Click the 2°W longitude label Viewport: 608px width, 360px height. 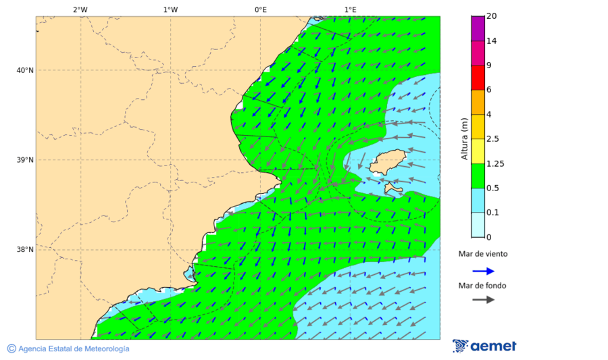tap(80, 9)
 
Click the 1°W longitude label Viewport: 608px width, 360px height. tap(170, 9)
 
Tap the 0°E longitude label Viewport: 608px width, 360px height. tap(260, 9)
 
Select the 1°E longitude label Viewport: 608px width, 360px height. tap(350, 9)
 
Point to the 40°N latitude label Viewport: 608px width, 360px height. tap(25, 70)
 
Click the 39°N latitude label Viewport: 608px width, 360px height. tap(25, 160)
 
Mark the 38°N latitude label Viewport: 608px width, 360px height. tap(25, 250)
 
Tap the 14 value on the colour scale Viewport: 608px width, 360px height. tap(491, 41)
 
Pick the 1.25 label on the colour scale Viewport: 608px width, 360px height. tap(495, 163)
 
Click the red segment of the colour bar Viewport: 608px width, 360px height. tap(478, 78)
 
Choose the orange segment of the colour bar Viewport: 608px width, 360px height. tap(478, 102)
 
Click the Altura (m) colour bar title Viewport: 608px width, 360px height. tap(464, 138)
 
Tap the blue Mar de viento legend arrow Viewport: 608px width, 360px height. tap(483, 271)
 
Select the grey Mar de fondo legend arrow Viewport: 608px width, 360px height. tap(483, 299)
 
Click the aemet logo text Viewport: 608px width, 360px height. tap(493, 346)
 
